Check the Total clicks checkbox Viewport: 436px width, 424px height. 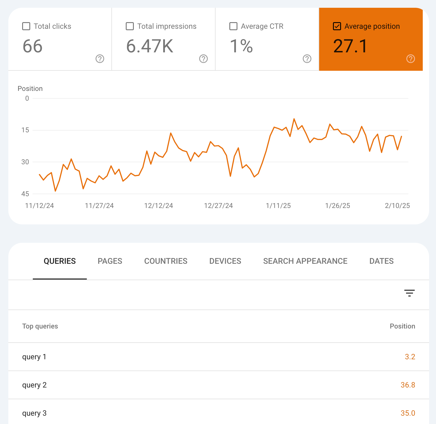[x=26, y=26]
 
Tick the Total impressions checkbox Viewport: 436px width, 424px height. [x=130, y=26]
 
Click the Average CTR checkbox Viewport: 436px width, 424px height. [x=233, y=26]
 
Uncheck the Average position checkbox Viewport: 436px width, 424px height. [x=337, y=26]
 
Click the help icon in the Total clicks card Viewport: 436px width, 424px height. [x=100, y=59]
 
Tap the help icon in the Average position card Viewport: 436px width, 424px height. [x=411, y=59]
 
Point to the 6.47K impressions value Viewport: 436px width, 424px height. [x=150, y=46]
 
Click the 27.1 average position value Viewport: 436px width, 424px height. [x=350, y=46]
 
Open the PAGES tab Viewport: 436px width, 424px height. [x=110, y=261]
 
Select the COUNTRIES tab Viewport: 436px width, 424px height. [x=166, y=261]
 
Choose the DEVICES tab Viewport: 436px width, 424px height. [x=225, y=261]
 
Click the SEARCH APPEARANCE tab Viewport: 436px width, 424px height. [x=305, y=261]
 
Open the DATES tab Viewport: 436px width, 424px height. [x=382, y=261]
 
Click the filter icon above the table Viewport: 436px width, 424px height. [x=409, y=293]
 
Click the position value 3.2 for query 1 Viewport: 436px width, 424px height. [x=410, y=357]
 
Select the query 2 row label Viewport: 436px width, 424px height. [x=35, y=385]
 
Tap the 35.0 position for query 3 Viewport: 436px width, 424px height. [x=408, y=413]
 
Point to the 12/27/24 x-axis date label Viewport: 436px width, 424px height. [x=218, y=206]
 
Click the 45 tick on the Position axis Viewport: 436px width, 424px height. [x=25, y=194]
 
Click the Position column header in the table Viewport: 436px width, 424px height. [x=402, y=326]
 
